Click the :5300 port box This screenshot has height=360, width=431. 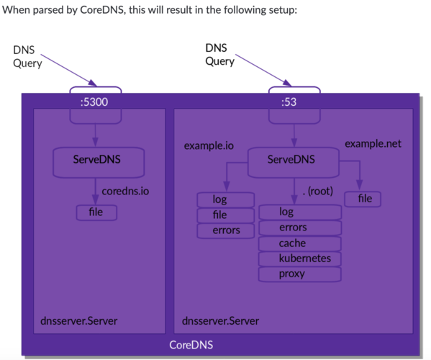pos(95,102)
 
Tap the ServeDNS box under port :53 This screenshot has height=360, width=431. pos(291,159)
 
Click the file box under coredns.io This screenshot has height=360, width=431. pos(95,212)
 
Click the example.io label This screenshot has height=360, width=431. pos(209,145)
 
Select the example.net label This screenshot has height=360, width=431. pos(373,144)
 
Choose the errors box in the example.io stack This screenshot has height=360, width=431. pos(225,230)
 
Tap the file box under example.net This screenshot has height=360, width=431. pos(364,198)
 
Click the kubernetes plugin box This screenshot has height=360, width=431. pos(299,258)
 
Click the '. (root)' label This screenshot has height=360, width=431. pos(317,192)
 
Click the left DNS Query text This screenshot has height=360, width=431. pos(27,56)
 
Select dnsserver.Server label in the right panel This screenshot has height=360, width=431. pos(220,320)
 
